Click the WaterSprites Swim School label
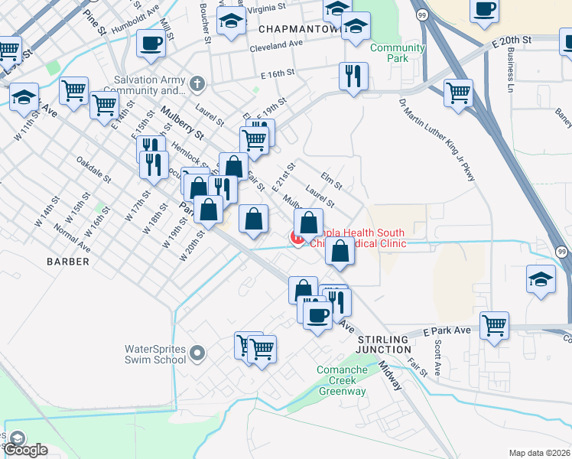click(155, 353)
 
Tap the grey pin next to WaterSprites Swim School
click(197, 353)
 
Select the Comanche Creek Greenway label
click(342, 380)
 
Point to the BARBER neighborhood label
click(68, 262)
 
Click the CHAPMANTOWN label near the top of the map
click(297, 28)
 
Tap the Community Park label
click(397, 53)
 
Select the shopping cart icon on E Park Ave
click(494, 324)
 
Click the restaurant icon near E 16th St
click(353, 76)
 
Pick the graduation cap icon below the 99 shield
click(541, 278)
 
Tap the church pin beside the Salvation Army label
click(197, 83)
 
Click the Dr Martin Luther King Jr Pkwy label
click(437, 139)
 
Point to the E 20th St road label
click(522, 39)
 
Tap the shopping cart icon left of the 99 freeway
click(458, 93)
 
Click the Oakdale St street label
click(93, 170)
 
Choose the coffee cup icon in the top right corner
click(484, 11)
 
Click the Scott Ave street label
click(437, 358)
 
